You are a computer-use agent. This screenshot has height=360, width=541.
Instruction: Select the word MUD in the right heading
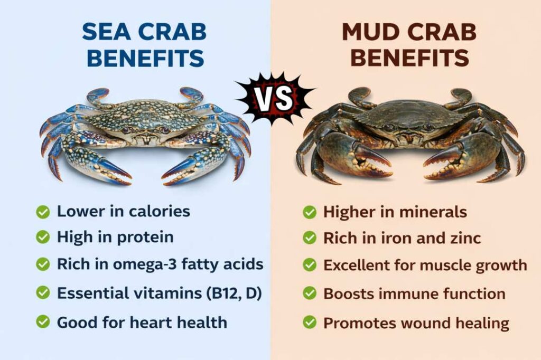pyautogui.click(x=370, y=32)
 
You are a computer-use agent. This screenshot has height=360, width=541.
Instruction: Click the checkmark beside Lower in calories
pyautogui.click(x=43, y=212)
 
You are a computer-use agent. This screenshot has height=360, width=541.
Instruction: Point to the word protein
pyautogui.click(x=145, y=238)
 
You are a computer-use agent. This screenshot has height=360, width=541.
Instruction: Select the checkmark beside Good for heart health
pyautogui.click(x=43, y=321)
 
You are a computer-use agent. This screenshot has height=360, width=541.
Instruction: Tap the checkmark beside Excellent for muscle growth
pyautogui.click(x=310, y=265)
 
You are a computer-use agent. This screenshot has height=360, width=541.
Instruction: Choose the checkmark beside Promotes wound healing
pyautogui.click(x=310, y=321)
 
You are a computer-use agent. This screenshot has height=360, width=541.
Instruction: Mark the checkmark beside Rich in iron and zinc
pyautogui.click(x=310, y=238)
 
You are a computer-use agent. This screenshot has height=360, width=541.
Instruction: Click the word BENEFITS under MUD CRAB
pyautogui.click(x=410, y=58)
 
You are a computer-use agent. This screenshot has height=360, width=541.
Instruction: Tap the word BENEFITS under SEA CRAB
pyautogui.click(x=145, y=58)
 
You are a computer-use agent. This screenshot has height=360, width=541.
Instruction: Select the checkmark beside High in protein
pyautogui.click(x=43, y=238)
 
